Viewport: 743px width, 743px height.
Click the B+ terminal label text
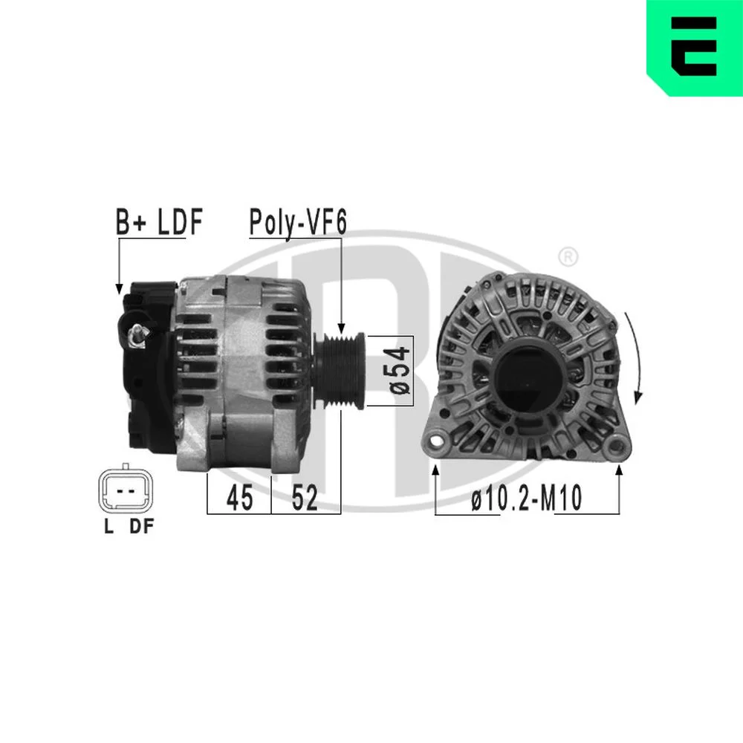(132, 221)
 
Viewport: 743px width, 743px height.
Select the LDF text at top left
(180, 221)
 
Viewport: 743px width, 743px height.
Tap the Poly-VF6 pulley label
(298, 223)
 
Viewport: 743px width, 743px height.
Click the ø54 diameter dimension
(400, 371)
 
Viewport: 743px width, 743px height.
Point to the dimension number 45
(240, 498)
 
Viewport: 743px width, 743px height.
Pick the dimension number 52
(305, 498)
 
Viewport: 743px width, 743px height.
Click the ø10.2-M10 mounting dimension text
(527, 499)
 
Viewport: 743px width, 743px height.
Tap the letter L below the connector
(109, 527)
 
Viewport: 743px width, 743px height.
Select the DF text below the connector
(142, 527)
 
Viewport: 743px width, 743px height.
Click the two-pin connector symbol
(126, 490)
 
